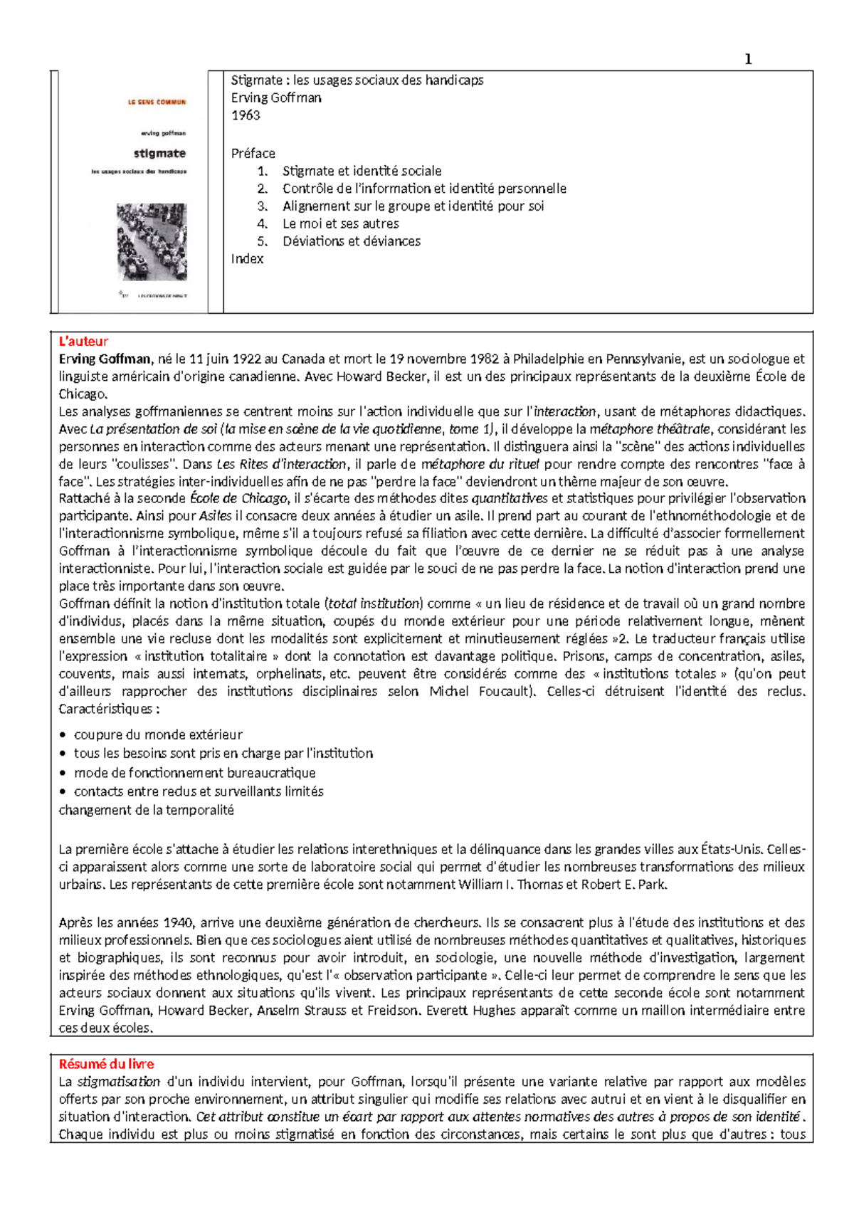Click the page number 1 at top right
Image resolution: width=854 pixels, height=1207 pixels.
[747, 59]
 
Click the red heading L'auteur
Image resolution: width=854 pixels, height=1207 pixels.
[83, 342]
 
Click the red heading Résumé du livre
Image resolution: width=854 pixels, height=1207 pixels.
[106, 1064]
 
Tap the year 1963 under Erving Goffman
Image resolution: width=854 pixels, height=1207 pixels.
[246, 115]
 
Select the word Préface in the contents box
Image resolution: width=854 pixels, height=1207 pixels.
[253, 153]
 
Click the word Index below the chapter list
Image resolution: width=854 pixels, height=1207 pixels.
[247, 259]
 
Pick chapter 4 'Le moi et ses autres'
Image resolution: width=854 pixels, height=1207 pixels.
[340, 223]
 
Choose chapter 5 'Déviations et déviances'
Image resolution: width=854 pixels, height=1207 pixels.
[351, 241]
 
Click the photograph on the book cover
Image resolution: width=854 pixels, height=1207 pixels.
[152, 241]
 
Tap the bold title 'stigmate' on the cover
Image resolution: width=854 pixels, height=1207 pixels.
[159, 153]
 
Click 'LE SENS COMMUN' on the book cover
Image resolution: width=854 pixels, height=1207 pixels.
[157, 102]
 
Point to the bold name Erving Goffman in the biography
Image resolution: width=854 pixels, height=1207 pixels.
[105, 359]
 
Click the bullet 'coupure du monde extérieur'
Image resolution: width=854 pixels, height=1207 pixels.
[158, 734]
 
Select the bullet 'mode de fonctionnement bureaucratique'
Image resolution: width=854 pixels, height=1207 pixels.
[194, 772]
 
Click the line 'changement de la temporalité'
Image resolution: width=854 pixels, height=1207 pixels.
[146, 810]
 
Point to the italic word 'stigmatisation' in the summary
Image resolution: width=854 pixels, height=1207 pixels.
[118, 1082]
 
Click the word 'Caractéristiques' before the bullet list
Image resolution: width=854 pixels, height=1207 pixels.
[105, 709]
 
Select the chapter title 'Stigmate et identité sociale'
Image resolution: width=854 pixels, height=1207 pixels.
[362, 171]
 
